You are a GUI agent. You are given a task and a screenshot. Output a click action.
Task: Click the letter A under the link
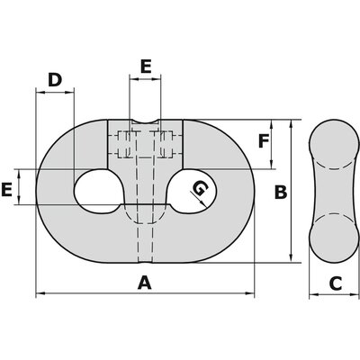tap(142, 283)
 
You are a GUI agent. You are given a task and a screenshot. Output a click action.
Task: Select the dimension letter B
tap(280, 192)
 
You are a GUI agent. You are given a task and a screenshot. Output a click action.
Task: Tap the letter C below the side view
tap(334, 283)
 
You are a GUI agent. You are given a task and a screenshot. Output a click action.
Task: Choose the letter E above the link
tap(144, 66)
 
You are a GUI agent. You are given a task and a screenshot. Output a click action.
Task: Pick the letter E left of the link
tap(7, 190)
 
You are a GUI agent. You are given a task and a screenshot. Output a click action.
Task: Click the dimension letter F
tap(263, 141)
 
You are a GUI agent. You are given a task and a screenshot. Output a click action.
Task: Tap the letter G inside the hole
tap(200, 188)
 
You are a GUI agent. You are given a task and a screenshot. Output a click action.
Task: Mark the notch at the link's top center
tap(145, 123)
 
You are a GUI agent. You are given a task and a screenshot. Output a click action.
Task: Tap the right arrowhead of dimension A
tap(251, 294)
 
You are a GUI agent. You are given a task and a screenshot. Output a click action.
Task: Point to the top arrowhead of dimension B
tap(289, 124)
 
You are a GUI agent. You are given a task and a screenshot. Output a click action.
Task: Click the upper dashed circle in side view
tap(332, 145)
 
